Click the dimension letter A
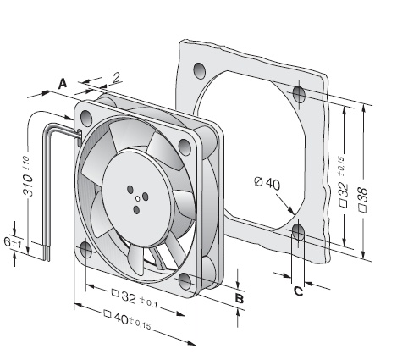[63, 84]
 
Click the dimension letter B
[240, 298]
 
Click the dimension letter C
[299, 291]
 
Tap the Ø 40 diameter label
[267, 183]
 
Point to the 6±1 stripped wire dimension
[13, 243]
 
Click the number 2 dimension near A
[117, 77]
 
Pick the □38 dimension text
[362, 199]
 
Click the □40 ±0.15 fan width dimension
[127, 320]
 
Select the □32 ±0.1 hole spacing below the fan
[135, 298]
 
